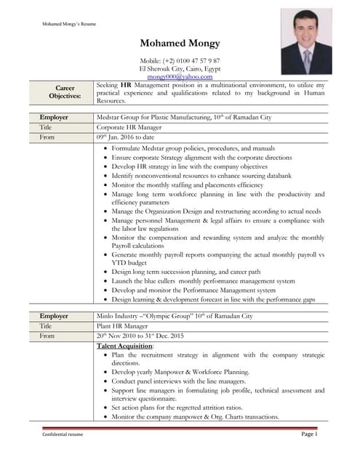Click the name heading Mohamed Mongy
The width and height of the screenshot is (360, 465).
click(x=180, y=44)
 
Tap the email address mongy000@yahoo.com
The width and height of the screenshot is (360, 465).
click(x=180, y=76)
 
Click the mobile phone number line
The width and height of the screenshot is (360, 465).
click(x=180, y=60)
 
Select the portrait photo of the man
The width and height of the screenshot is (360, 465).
click(x=306, y=41)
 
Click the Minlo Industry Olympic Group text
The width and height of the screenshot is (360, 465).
click(x=175, y=316)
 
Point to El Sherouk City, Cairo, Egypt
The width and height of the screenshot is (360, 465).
click(x=180, y=68)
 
